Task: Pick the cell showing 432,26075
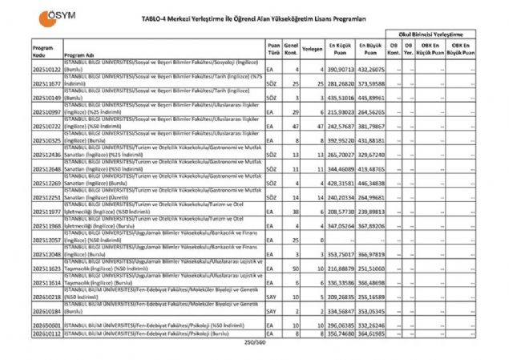tap(371, 69)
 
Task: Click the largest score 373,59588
tap(371, 83)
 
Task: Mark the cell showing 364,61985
tap(371, 334)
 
